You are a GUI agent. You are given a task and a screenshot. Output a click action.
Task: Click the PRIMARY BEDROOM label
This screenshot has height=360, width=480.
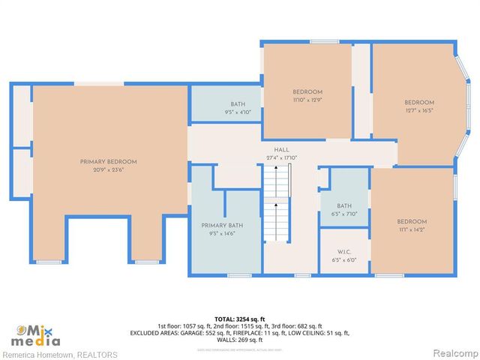click(x=109, y=161)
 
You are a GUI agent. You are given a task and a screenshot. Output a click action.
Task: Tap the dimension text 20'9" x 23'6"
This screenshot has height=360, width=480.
click(x=109, y=169)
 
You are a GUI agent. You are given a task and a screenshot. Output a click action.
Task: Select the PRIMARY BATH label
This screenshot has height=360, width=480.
click(x=221, y=226)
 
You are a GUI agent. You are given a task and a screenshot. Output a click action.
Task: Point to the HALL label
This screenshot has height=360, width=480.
click(x=281, y=150)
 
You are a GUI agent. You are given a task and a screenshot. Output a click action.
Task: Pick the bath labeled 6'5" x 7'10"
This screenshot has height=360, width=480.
click(x=344, y=205)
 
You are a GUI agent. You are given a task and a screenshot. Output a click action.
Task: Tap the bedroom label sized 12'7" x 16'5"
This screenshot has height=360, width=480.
click(x=419, y=103)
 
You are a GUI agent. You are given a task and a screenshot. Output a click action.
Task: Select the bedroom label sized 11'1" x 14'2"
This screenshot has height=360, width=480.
click(x=412, y=221)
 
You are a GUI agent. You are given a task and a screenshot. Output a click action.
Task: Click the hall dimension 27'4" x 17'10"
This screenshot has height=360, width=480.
click(x=281, y=157)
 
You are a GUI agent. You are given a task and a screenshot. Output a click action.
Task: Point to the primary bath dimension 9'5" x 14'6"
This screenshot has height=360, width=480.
click(x=221, y=233)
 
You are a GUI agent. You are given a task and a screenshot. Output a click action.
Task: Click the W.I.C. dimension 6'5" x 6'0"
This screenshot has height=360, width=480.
click(x=344, y=259)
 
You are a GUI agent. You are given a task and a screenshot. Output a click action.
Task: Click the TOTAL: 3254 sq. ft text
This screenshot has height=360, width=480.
click(x=239, y=319)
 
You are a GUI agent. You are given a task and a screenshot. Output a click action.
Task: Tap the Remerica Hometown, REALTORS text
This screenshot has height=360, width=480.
click(x=60, y=354)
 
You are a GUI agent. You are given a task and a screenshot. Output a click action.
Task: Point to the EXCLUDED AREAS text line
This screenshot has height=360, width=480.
click(x=239, y=332)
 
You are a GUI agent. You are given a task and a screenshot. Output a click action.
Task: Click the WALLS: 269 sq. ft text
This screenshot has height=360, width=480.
click(x=239, y=339)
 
